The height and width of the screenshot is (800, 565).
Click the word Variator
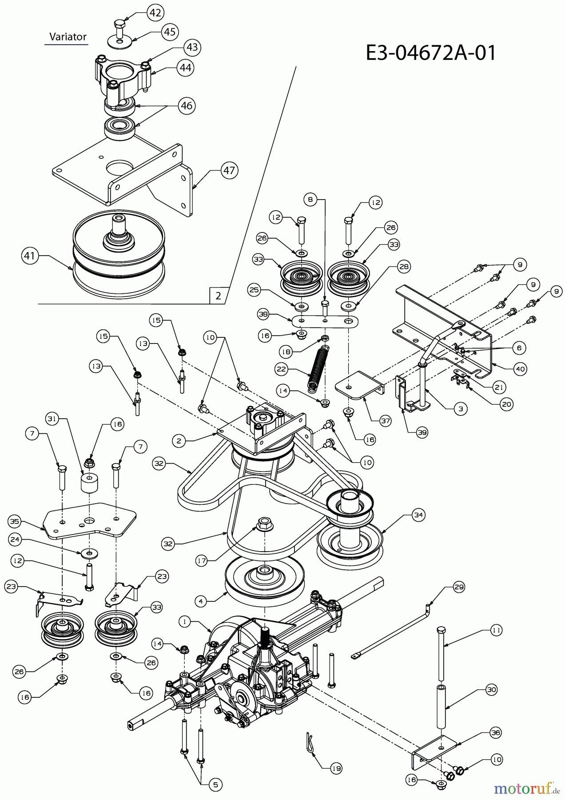(68, 37)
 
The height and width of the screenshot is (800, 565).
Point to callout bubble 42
(155, 13)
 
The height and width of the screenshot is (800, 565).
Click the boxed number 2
(218, 296)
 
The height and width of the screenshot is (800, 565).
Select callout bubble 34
(418, 515)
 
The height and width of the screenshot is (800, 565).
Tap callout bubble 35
(15, 521)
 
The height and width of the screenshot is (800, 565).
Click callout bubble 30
(491, 690)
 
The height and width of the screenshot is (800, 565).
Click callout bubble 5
(215, 785)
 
